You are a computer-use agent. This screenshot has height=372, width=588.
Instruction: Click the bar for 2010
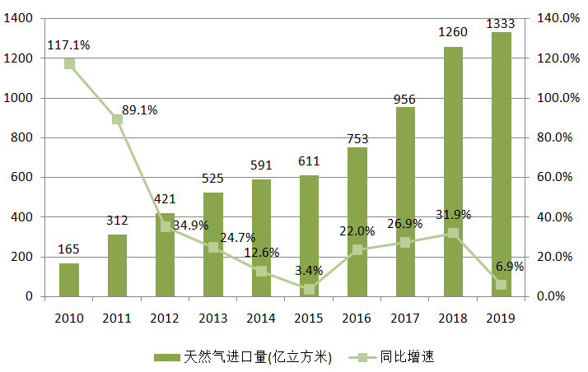69,280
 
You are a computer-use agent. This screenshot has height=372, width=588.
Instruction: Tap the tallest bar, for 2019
501,165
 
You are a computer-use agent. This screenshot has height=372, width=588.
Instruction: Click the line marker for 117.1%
69,64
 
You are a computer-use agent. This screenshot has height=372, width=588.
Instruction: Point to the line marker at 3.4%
309,289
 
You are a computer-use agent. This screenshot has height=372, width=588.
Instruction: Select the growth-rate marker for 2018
453,233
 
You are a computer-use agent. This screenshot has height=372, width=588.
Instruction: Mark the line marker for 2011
117,119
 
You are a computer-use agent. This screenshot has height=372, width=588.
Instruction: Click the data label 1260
452,32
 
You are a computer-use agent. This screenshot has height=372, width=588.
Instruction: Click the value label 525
213,178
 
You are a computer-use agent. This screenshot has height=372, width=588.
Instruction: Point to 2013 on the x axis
213,318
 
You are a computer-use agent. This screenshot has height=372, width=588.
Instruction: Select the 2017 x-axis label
405,318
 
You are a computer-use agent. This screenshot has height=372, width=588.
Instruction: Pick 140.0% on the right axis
559,18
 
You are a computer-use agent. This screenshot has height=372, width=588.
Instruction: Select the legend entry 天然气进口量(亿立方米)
242,357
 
